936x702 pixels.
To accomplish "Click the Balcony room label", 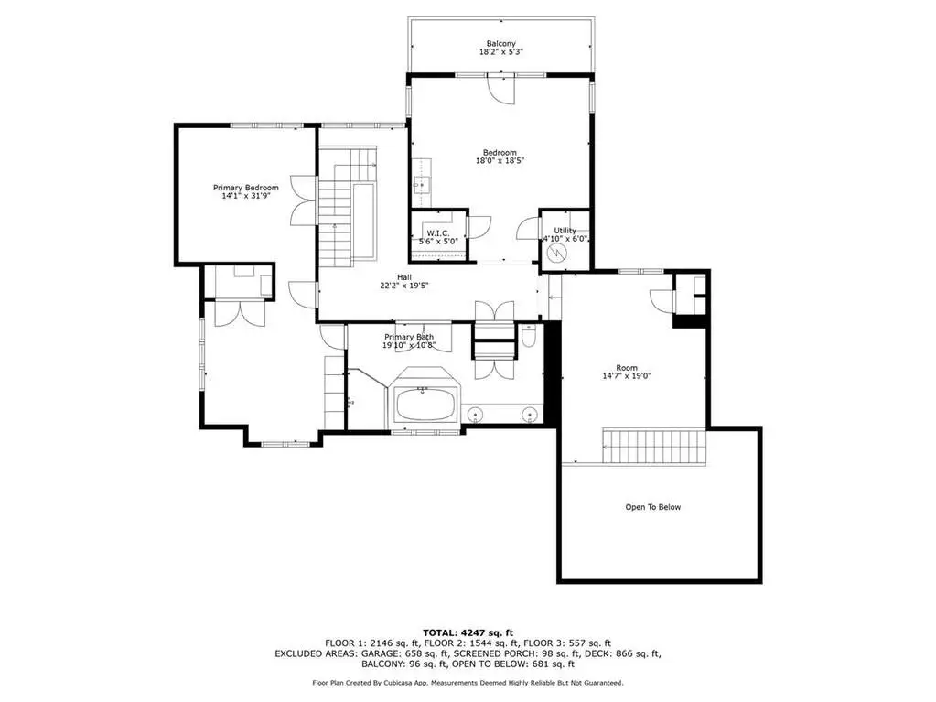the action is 500,44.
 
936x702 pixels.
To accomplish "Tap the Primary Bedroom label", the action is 246,188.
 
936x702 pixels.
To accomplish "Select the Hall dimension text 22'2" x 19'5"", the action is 404,286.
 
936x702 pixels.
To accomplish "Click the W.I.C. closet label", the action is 438,232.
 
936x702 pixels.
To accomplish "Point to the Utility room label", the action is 565,231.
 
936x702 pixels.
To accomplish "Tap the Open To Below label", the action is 653,507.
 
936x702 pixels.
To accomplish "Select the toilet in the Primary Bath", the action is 529,336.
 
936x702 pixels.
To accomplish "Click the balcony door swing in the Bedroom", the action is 500,90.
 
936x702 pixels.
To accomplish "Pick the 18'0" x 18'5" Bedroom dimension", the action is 500,160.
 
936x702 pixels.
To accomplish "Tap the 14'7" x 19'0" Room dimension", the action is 627,376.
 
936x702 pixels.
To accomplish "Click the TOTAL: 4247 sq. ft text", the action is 468,632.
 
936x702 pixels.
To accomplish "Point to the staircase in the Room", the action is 654,446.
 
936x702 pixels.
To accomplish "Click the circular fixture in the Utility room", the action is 556,254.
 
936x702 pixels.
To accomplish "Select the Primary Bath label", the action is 409,337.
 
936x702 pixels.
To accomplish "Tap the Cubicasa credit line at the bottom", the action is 468,683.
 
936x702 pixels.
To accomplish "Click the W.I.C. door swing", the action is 479,227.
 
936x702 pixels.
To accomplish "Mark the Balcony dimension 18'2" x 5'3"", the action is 501,52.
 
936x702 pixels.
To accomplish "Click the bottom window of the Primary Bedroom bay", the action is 286,444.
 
